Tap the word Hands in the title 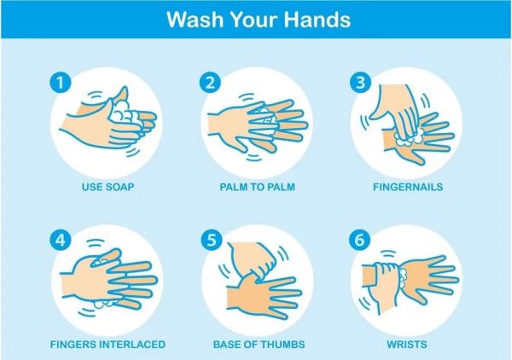[317, 20]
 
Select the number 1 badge [61, 82]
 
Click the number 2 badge [210, 82]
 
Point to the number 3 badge [360, 82]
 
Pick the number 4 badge [61, 241]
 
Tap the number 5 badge [212, 241]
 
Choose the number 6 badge [359, 240]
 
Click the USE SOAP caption [108, 187]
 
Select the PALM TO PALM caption [258, 187]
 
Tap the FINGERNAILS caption [408, 187]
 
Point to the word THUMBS [282, 345]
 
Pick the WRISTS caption [407, 345]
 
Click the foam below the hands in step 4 [105, 304]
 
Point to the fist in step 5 [253, 259]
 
